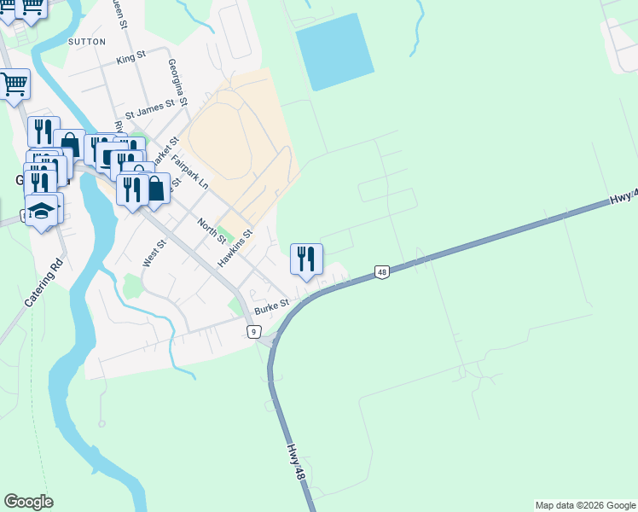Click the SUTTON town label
click(x=87, y=41)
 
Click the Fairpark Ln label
click(x=189, y=172)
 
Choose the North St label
click(x=211, y=230)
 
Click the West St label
click(x=154, y=253)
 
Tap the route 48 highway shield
click(x=381, y=272)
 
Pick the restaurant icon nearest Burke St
click(x=306, y=258)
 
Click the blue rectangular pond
click(x=334, y=51)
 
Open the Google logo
click(x=28, y=502)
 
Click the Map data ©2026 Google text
click(x=584, y=505)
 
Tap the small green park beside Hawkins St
click(x=226, y=232)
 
